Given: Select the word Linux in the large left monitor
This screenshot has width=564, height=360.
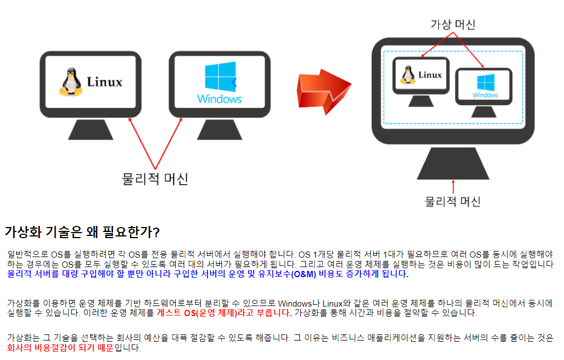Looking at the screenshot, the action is coord(105,82).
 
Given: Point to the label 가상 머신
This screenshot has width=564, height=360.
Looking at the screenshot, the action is coord(453,24).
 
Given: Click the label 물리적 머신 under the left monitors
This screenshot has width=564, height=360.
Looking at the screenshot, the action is coord(155,179).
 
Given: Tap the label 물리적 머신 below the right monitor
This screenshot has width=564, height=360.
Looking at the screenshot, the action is coord(453,201).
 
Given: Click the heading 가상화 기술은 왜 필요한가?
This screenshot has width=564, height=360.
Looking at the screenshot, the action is coord(82,231).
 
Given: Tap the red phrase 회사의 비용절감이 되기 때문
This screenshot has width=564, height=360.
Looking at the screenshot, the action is coord(60,348).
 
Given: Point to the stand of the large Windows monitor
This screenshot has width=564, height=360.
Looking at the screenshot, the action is coord(219,129).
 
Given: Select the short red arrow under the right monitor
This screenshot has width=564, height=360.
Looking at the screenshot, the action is coord(453,185).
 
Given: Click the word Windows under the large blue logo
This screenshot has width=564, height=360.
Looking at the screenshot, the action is coord(220,100).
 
